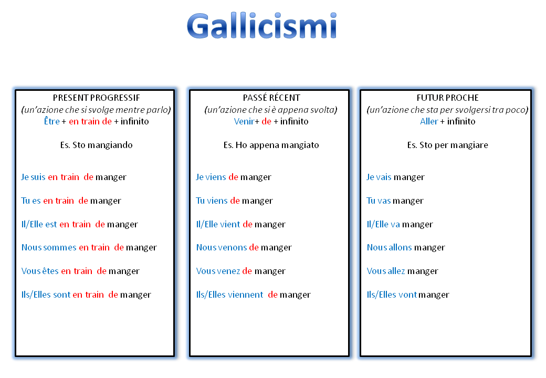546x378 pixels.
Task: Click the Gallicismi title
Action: coord(261,26)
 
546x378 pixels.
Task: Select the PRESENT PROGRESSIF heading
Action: coord(97,98)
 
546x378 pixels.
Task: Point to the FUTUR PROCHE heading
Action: coord(447,98)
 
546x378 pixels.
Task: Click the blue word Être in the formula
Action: coord(52,122)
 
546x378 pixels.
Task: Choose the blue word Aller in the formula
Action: coord(429,122)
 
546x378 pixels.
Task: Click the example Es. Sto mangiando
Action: coord(97,145)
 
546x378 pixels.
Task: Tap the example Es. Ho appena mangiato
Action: coord(271,145)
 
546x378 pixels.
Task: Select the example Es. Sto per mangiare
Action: coord(447,145)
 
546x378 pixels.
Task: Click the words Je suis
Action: coord(34,177)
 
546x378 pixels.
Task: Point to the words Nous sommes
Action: coord(49,248)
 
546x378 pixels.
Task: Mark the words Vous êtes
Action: coord(40,271)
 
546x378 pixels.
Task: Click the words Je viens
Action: coord(211,177)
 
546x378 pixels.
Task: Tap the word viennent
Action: coord(246,295)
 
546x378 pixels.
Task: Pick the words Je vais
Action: coord(379,177)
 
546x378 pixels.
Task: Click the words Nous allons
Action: coord(389,248)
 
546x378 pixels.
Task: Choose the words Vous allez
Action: coord(386,271)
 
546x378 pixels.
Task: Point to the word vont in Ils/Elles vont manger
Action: coord(408,295)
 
